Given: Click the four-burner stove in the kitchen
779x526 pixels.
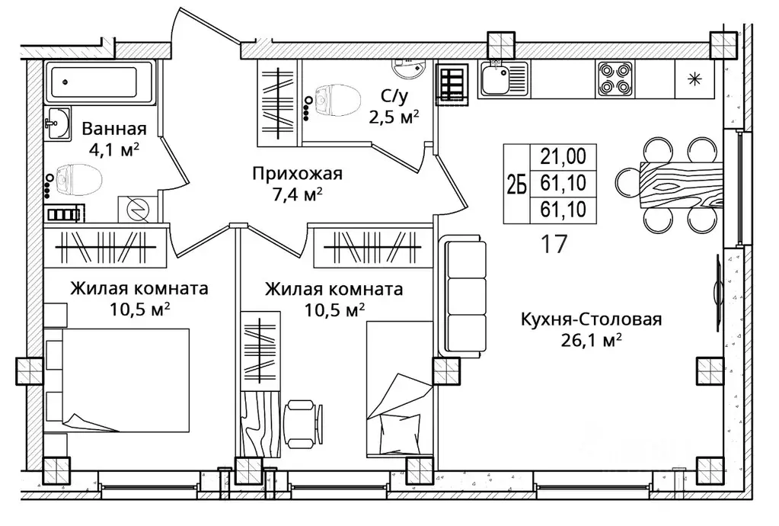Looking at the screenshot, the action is click(614, 79).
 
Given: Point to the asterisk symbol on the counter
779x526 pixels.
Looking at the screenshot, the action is click(694, 79).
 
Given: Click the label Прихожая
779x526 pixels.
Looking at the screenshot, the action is click(298, 174).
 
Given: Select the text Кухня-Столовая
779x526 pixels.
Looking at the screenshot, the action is click(591, 319).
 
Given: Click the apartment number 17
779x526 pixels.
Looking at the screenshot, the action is click(554, 244).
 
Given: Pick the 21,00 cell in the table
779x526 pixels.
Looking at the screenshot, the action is click(563, 156).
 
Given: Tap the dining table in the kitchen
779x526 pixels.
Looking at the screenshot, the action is click(682, 184).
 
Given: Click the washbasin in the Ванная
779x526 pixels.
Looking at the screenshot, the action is click(57, 123).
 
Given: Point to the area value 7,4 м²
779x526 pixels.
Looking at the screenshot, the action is click(298, 195).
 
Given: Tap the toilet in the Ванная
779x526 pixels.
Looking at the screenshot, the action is click(78, 181).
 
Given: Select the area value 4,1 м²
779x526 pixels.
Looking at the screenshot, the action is click(113, 149).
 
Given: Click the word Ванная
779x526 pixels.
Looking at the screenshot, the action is click(114, 129).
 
